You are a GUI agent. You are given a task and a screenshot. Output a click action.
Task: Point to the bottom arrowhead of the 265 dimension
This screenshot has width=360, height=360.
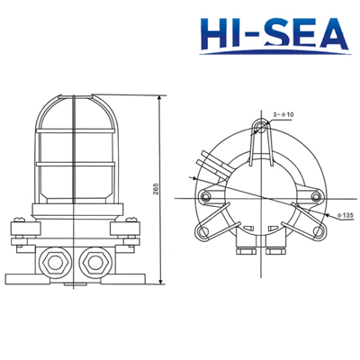158,281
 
